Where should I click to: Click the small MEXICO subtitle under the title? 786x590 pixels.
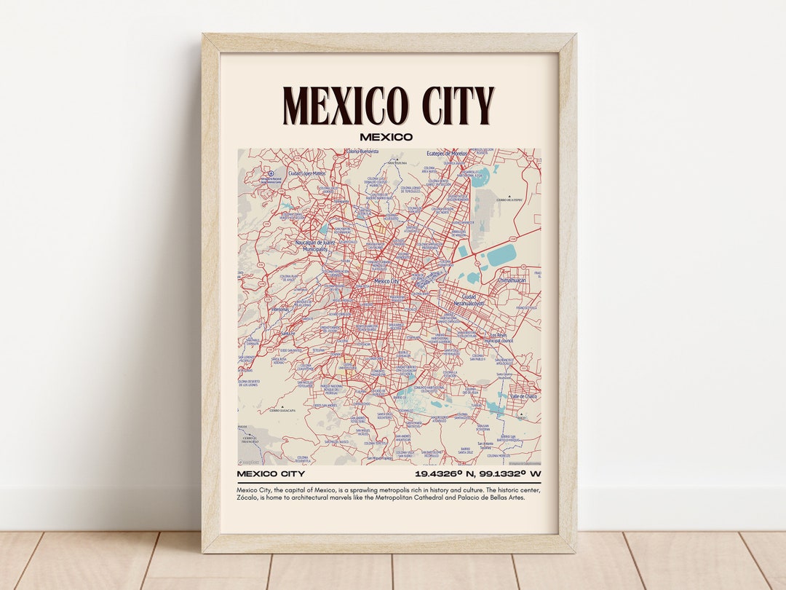pyautogui.click(x=386, y=137)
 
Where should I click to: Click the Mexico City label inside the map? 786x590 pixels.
pyautogui.click(x=386, y=281)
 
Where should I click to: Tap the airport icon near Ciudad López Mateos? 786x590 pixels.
pyautogui.click(x=250, y=173)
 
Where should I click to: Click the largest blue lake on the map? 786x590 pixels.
pyautogui.click(x=501, y=255)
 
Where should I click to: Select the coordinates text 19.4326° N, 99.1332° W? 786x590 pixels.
pyautogui.click(x=477, y=474)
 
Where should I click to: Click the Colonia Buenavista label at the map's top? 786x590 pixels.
pyautogui.click(x=362, y=152)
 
